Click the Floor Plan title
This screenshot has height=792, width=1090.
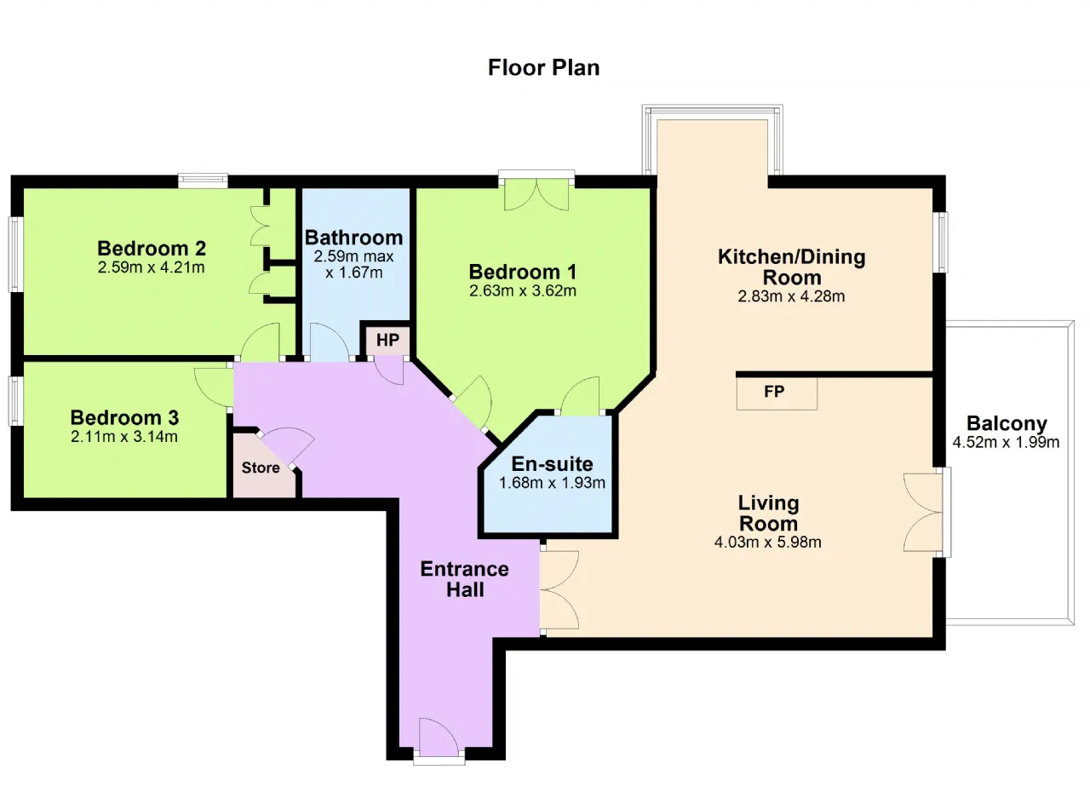[543, 67]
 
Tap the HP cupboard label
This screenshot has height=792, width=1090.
[387, 340]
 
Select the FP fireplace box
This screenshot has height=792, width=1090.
[777, 393]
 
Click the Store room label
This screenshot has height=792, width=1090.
[261, 468]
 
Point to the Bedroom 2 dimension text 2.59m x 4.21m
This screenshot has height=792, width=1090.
[152, 267]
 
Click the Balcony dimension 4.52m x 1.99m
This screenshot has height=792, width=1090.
[1006, 442]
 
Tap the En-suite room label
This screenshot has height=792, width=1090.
[553, 464]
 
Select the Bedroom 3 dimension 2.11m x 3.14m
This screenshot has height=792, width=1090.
[124, 437]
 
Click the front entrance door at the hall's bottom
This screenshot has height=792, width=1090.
[439, 737]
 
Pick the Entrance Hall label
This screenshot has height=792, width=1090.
[465, 579]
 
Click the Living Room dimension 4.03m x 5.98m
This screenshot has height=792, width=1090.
[768, 542]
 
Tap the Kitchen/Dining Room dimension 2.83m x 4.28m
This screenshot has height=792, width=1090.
[791, 296]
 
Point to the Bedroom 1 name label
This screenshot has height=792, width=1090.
[523, 272]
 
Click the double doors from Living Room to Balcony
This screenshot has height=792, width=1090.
[923, 513]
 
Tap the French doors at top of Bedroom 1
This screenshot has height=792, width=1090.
[536, 195]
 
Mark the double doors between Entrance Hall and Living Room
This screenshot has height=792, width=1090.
[559, 590]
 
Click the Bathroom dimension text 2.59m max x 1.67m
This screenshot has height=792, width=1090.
[353, 264]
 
